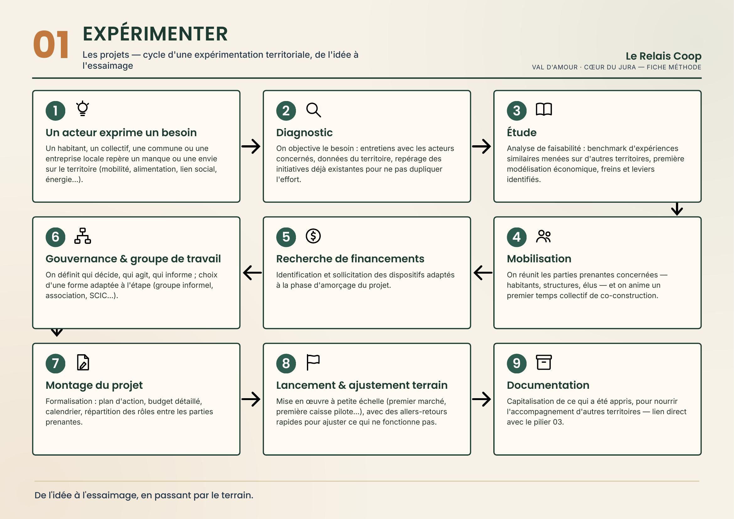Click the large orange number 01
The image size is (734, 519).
tap(51, 45)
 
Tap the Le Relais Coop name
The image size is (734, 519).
tap(663, 56)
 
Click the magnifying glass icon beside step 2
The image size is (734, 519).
tap(313, 110)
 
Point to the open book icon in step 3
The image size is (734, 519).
tap(544, 109)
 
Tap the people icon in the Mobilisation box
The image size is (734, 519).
tap(544, 236)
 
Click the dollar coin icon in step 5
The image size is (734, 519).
tap(313, 236)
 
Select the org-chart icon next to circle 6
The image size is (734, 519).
tap(83, 236)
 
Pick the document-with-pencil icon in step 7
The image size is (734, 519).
tap(83, 362)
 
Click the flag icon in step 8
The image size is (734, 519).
tap(313, 362)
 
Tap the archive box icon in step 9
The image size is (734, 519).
tap(544, 362)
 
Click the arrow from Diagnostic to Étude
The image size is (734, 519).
tap(481, 146)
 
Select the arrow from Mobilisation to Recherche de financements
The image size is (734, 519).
tap(483, 273)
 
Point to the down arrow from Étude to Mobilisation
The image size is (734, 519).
tap(677, 209)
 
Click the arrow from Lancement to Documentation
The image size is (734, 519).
tap(481, 399)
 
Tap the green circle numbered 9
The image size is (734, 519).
tap(517, 363)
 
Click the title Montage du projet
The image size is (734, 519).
tap(94, 385)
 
